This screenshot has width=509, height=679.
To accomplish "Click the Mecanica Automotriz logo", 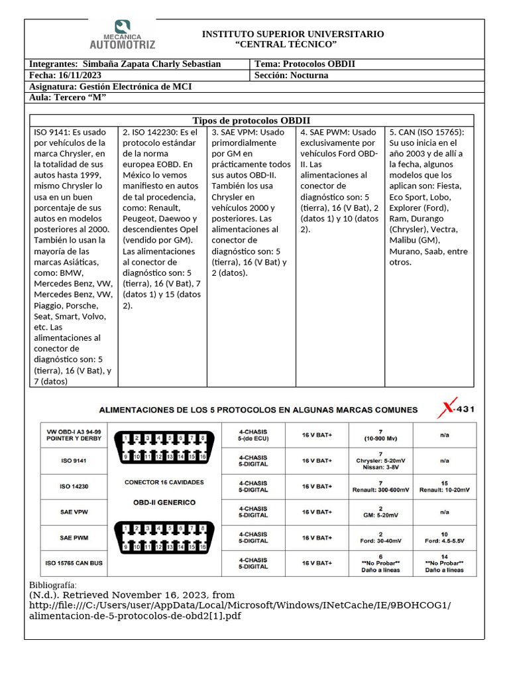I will (122, 35).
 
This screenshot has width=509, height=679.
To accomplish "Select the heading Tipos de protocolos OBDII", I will (251, 121).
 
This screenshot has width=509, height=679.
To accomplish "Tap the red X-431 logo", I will (455, 409).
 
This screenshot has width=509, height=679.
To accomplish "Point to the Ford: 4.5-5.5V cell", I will (444, 538).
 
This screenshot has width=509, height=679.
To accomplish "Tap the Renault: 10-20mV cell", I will (444, 486).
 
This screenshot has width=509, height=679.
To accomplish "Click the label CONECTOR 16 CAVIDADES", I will (164, 482).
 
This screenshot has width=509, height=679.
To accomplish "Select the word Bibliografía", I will (53, 586).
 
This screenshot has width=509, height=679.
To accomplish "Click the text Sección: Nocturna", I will (291, 76).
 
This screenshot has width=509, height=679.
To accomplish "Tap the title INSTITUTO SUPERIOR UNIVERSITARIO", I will (292, 34).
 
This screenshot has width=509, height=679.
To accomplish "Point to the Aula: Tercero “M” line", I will (68, 98).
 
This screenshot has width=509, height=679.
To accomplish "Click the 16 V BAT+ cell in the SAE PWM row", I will (317, 538).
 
